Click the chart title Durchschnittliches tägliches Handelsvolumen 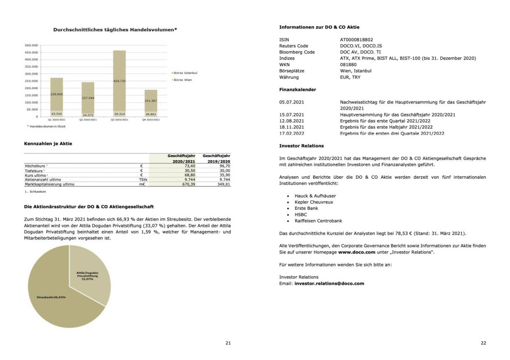pyautogui.click(x=115, y=29)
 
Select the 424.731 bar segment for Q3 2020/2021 pyautogui.click(x=119, y=81)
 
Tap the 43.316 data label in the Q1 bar pyautogui.click(x=56, y=114)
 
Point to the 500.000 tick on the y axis pyautogui.click(x=32, y=45)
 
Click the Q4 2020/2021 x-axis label pyautogui.click(x=151, y=119)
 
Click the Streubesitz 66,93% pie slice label pyautogui.click(x=51, y=297)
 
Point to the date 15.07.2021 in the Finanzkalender pyautogui.click(x=292, y=114)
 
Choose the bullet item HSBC pyautogui.click(x=301, y=214)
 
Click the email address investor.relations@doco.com pyautogui.click(x=329, y=284)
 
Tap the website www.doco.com pyautogui.click(x=357, y=252)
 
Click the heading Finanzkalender pyautogui.click(x=297, y=90)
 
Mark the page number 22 pyautogui.click(x=483, y=343)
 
